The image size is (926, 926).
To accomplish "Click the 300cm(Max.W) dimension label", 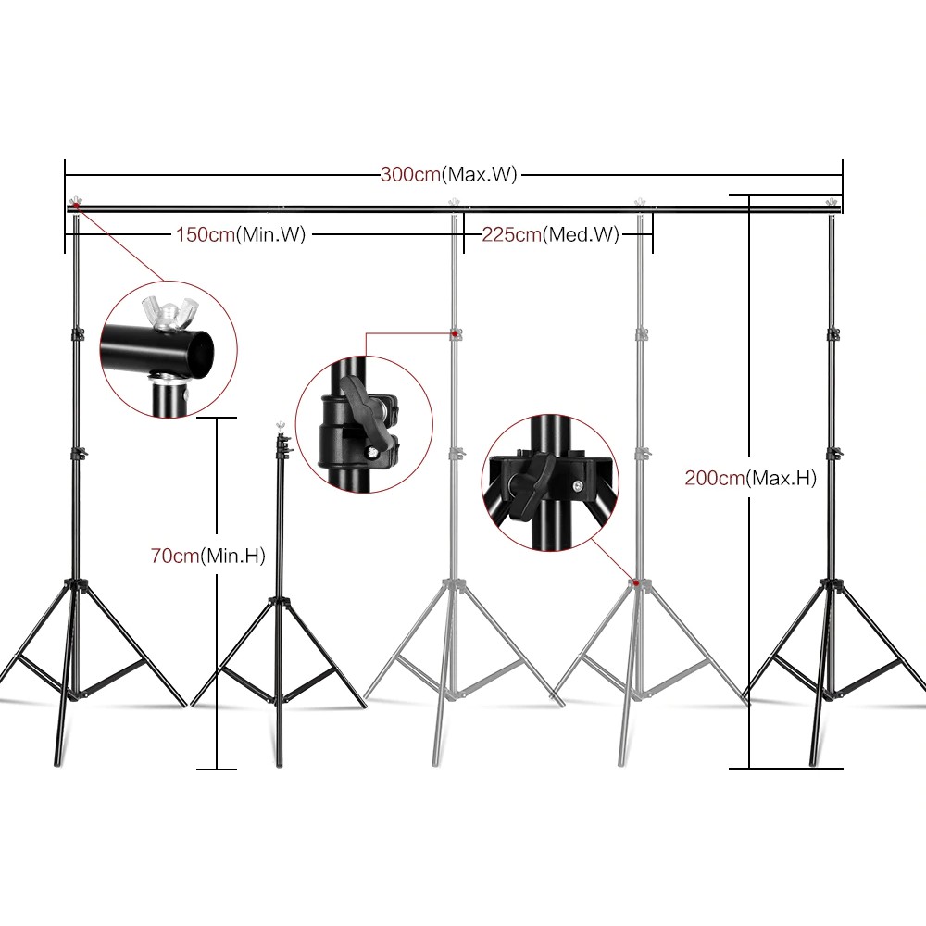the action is pyautogui.click(x=449, y=174).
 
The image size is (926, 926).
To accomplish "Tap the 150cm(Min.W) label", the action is pyautogui.click(x=241, y=234).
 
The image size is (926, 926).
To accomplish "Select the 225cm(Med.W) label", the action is pyautogui.click(x=550, y=234).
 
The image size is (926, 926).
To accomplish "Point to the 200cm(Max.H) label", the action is pyautogui.click(x=751, y=477).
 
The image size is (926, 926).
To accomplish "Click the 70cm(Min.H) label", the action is pyautogui.click(x=207, y=555).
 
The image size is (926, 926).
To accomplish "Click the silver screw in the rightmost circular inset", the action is pyautogui.click(x=577, y=485).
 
